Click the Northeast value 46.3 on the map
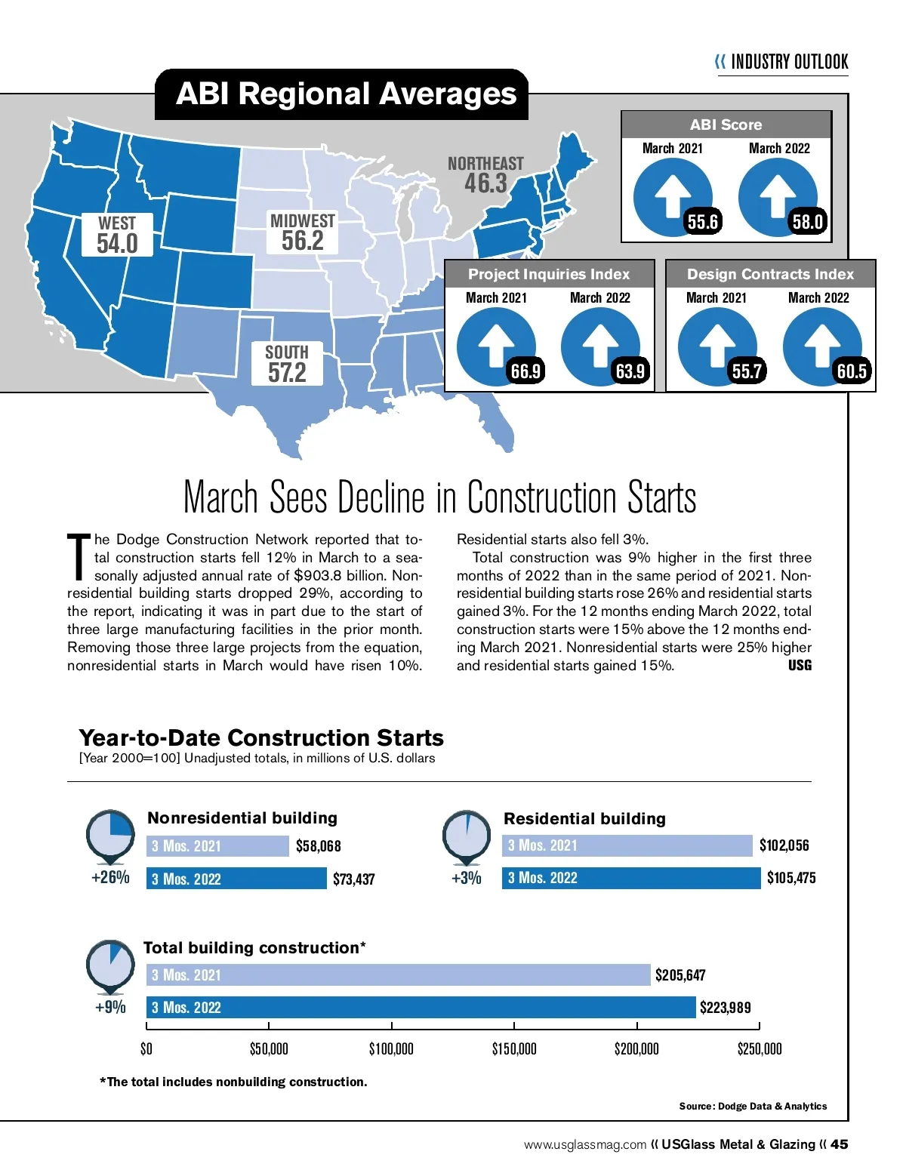tap(485, 183)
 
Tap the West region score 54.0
tap(117, 244)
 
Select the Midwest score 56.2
tap(302, 241)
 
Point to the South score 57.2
tap(287, 372)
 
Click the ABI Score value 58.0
tap(806, 222)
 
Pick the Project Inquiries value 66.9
tap(525, 371)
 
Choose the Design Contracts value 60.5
tap(851, 371)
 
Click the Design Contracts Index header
tap(770, 275)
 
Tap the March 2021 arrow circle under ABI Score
tap(672, 196)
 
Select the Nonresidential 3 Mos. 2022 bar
tap(236, 879)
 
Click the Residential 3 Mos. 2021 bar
tap(627, 845)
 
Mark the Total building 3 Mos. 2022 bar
tap(421, 1008)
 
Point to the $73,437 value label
tap(353, 879)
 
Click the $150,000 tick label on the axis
tap(514, 1049)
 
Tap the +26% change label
tap(110, 878)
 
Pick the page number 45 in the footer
tap(839, 1144)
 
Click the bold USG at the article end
tap(800, 666)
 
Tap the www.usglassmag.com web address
tap(585, 1145)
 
